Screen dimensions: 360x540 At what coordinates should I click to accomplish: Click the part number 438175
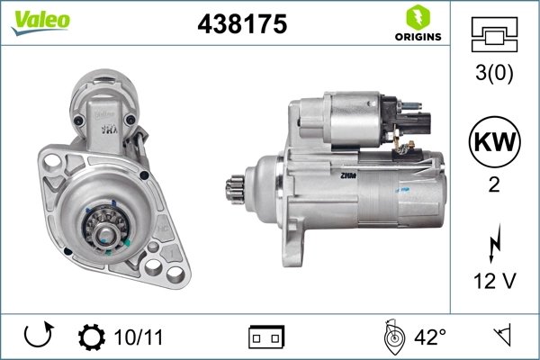[241, 25]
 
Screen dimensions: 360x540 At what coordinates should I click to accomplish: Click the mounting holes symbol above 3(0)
[494, 36]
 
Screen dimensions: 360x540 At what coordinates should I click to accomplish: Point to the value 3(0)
[494, 73]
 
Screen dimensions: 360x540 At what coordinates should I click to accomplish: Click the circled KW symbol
[494, 141]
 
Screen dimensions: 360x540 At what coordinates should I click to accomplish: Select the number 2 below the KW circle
[494, 184]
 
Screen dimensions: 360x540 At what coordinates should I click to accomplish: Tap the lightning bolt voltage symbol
[494, 242]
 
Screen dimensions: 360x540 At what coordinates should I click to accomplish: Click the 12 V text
[494, 281]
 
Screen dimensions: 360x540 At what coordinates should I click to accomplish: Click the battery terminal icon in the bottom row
[266, 338]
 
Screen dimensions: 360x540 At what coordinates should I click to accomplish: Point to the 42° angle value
[430, 337]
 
